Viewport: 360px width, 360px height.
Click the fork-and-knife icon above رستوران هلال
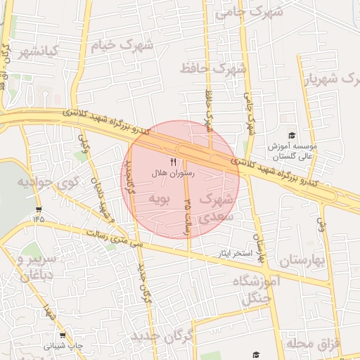173,162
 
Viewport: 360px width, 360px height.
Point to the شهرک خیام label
121,45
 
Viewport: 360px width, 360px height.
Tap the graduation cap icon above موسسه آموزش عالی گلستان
292,136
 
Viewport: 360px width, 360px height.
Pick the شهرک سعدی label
215,208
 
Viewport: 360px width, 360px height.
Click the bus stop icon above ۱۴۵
37,209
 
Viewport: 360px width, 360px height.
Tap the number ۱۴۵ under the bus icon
37,219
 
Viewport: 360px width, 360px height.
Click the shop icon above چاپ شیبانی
63,335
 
